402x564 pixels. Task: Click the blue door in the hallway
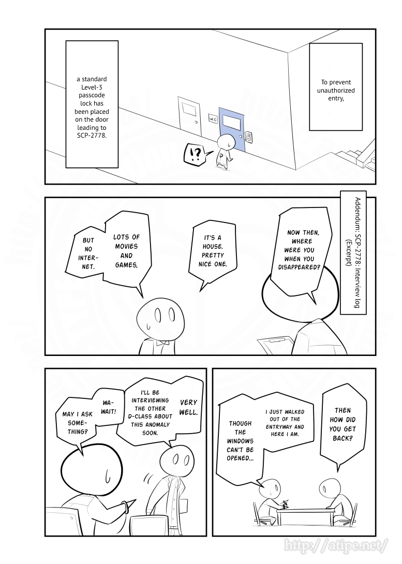232,128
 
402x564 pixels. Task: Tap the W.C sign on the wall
213,118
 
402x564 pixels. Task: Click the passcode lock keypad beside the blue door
249,137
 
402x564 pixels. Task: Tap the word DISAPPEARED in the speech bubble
299,267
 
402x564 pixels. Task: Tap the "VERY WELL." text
189,408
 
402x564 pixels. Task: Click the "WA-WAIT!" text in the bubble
109,407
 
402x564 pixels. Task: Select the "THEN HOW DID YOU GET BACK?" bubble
342,424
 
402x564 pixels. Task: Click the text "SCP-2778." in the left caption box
92,136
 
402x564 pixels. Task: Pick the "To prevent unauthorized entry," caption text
336,90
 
